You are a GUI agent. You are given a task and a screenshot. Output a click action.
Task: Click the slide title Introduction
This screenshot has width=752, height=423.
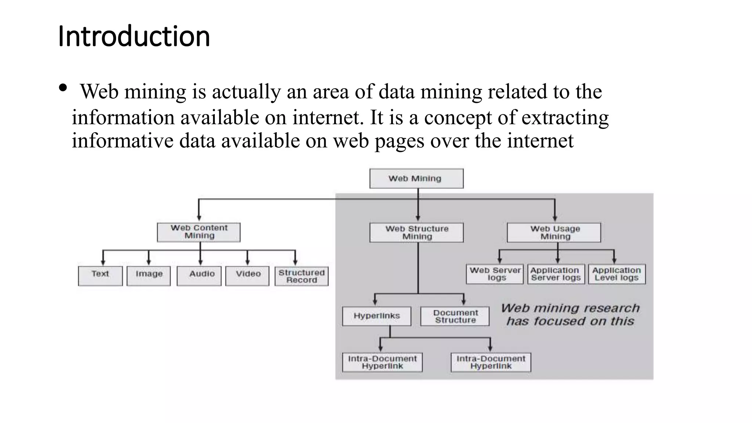pos(134,36)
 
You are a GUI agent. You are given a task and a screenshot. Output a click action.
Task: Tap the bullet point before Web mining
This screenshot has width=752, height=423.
pos(63,88)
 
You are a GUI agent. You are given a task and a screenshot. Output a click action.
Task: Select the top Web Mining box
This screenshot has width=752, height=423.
pos(416,178)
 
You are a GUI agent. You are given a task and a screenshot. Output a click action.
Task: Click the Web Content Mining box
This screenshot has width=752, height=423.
pos(199,232)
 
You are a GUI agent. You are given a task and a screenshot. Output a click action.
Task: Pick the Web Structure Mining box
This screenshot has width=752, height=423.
pos(416,232)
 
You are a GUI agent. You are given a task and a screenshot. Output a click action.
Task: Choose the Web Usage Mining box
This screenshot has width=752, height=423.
pos(554,232)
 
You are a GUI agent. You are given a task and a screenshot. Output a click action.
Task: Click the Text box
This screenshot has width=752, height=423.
pos(100,276)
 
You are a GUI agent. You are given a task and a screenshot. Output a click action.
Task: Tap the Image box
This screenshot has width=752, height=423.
pos(149,276)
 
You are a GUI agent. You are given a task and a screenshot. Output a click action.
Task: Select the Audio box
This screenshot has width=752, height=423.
pos(199,276)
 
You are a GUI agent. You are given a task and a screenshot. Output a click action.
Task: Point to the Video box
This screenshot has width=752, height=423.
pos(247,276)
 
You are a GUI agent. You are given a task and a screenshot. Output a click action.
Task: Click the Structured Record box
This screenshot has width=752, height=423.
pos(301,276)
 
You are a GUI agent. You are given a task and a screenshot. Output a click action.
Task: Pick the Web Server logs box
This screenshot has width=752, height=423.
pos(495,274)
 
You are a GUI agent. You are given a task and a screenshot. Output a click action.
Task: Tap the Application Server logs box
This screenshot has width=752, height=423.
pos(556,274)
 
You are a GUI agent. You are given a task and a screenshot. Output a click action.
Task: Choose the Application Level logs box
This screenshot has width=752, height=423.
pos(617,274)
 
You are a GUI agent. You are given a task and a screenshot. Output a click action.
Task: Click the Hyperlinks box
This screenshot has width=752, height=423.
pos(377,316)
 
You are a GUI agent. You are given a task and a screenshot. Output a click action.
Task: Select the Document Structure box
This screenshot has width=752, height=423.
pos(455,316)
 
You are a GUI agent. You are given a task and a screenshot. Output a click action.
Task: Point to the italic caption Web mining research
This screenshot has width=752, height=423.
pos(570,308)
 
